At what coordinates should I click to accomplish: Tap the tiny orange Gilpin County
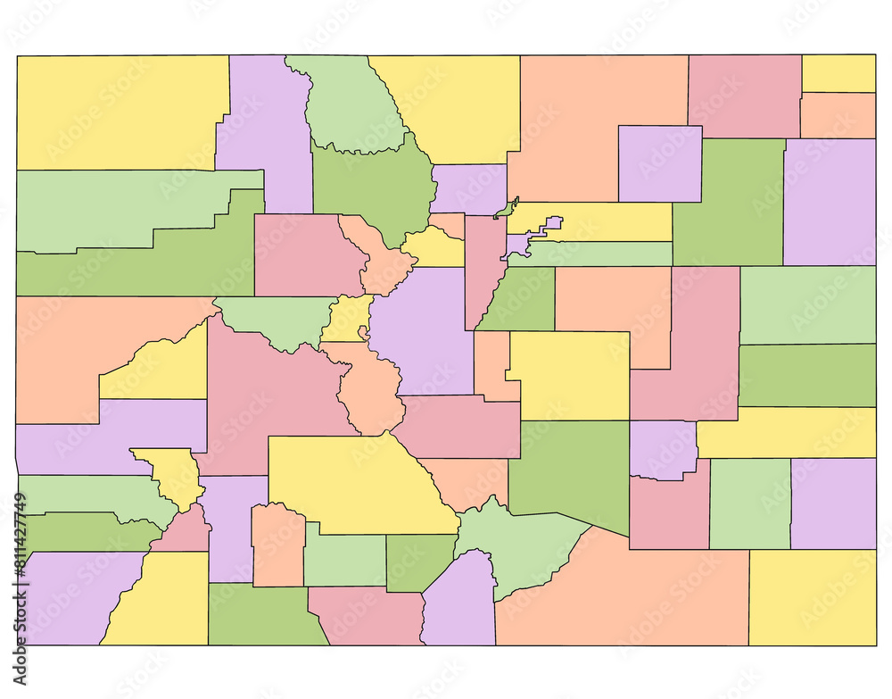449,224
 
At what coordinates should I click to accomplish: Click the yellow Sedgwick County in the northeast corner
838,73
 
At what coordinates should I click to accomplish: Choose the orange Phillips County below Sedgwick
838,115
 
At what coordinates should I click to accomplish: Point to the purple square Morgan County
659,163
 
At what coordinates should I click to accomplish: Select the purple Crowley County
662,449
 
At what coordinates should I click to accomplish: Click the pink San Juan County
183,533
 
